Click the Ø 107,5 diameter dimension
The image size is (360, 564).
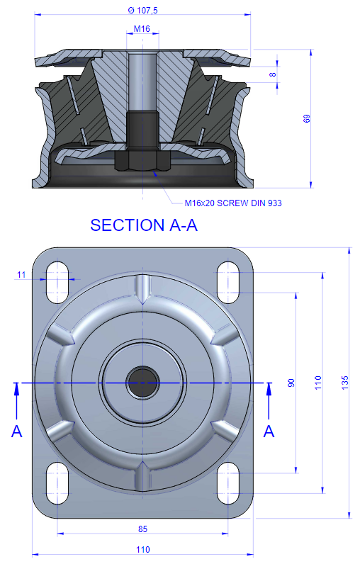coord(142,11)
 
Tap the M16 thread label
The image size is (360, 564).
coord(142,29)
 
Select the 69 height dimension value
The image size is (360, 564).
coord(306,118)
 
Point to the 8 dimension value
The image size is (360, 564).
coord(273,74)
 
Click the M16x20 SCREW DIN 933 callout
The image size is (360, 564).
coord(233,203)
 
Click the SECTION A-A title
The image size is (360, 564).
coord(144,225)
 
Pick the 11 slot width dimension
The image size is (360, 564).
coord(21,275)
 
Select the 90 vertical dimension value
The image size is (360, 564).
coord(291,383)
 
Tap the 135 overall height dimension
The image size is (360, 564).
coord(344,383)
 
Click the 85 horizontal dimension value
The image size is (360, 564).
coord(142,529)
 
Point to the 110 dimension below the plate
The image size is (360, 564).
coord(142,549)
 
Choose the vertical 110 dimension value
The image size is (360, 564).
coord(318,383)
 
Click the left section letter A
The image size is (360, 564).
coord(17,432)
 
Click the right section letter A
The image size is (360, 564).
coord(269,432)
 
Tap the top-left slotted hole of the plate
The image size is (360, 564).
coord(57,283)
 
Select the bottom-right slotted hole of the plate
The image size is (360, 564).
coord(228,483)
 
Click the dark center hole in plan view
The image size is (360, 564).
coord(142,383)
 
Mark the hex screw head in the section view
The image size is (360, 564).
coord(142,160)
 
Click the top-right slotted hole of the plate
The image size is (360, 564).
coord(228,283)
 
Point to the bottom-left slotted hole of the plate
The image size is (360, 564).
coord(57,483)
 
